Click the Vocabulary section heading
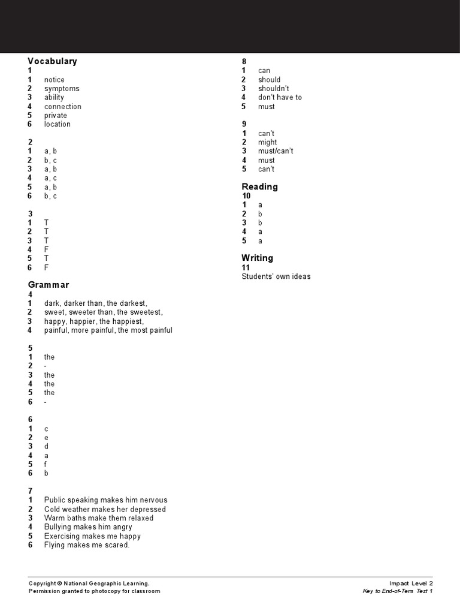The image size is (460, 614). (x=53, y=61)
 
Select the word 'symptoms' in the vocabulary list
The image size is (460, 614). (x=62, y=89)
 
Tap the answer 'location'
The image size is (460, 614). (x=57, y=124)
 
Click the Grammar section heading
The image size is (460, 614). (x=49, y=285)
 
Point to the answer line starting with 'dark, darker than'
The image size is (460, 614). (x=95, y=303)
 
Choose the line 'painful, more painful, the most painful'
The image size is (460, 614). (x=108, y=330)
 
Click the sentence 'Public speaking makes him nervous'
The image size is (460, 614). (x=105, y=500)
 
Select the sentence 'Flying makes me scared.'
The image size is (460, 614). (x=87, y=545)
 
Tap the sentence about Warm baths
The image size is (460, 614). (x=99, y=518)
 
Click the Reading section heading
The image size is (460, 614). (x=260, y=186)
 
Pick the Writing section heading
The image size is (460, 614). (x=258, y=258)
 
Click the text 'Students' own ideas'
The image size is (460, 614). (x=276, y=276)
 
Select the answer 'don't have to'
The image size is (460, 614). (x=280, y=97)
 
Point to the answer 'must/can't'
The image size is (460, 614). (x=276, y=151)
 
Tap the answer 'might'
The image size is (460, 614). (x=268, y=142)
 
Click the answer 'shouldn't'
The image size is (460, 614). (x=274, y=89)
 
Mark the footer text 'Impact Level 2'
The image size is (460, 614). (x=411, y=583)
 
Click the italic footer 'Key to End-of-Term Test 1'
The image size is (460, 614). (x=398, y=591)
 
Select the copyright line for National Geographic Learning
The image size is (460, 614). (x=89, y=583)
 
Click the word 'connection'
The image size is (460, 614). (x=63, y=107)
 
